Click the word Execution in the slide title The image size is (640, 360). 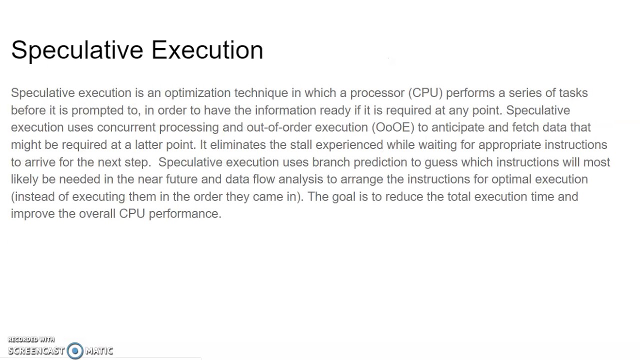(x=207, y=50)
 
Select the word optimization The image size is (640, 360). (x=197, y=93)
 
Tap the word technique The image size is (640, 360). (x=261, y=93)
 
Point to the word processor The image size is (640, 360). (x=377, y=93)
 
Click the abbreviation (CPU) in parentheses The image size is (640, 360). (x=425, y=93)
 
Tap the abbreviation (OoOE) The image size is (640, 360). (x=393, y=127)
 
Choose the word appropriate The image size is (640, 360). (x=509, y=145)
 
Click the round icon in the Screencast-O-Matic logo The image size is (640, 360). (x=75, y=350)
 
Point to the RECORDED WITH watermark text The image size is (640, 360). (x=31, y=340)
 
